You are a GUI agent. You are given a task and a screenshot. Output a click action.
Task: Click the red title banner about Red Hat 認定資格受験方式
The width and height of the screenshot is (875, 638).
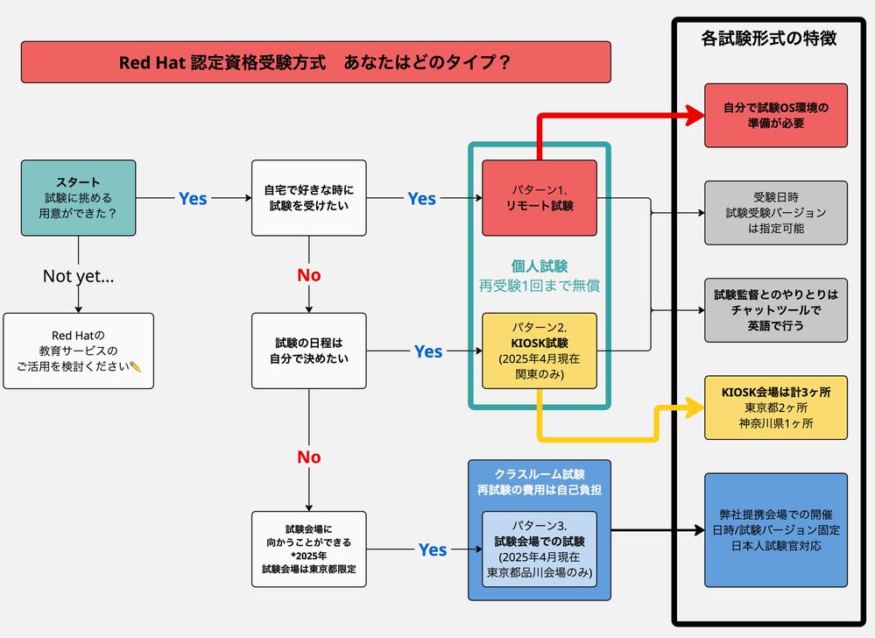tap(315, 62)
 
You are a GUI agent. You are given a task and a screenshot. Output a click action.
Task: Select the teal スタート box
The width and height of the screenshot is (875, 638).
tap(79, 197)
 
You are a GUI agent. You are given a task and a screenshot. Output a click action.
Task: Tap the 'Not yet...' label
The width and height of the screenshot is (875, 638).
tap(79, 276)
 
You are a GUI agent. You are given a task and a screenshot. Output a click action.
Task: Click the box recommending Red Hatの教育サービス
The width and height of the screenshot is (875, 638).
tap(79, 351)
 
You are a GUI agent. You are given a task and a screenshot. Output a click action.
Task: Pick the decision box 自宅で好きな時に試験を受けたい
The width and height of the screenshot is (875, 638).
tap(309, 197)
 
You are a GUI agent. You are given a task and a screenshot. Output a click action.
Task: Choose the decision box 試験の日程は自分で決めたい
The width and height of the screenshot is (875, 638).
tap(309, 351)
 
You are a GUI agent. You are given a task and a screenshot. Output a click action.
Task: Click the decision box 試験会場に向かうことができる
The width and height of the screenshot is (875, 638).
tap(309, 549)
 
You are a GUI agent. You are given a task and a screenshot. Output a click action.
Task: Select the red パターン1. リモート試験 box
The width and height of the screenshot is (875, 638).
tap(539, 198)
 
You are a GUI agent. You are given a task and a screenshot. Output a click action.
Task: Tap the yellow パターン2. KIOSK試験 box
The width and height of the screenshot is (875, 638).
tap(539, 351)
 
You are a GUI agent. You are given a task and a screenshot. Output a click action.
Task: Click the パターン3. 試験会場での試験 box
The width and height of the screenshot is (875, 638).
tap(539, 549)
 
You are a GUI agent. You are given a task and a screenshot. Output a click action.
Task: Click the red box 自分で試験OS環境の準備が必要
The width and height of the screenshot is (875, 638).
tap(776, 115)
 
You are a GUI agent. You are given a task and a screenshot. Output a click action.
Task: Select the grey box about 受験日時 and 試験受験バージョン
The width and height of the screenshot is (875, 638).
tap(776, 212)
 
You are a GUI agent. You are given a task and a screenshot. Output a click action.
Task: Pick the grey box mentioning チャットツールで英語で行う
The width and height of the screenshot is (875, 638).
tap(776, 309)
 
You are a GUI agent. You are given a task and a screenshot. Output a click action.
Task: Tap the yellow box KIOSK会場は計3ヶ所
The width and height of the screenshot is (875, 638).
tap(776, 408)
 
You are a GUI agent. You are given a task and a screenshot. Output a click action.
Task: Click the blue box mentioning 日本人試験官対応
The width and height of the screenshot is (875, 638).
tap(776, 530)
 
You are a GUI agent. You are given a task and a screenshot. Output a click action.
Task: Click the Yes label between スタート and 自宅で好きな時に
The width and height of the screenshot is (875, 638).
tap(193, 199)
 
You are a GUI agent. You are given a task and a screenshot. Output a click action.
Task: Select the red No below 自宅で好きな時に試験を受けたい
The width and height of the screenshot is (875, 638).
tap(309, 275)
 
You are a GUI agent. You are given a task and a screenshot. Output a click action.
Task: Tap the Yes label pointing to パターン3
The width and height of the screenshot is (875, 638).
tap(433, 549)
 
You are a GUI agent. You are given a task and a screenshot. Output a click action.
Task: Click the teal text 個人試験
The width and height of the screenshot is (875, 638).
tap(540, 266)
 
